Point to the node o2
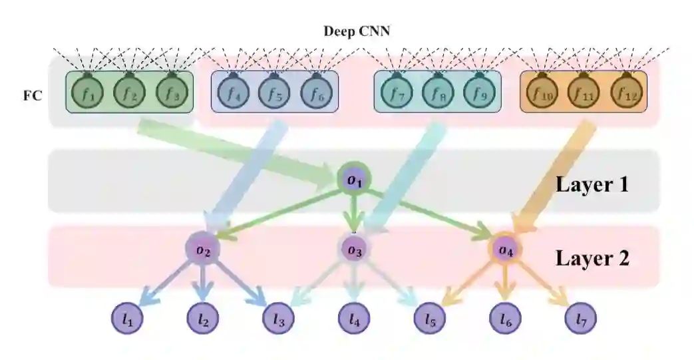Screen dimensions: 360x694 (203, 250)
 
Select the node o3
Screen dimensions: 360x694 (353, 250)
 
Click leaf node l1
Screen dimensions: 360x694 (128, 320)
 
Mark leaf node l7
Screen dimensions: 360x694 (581, 320)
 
